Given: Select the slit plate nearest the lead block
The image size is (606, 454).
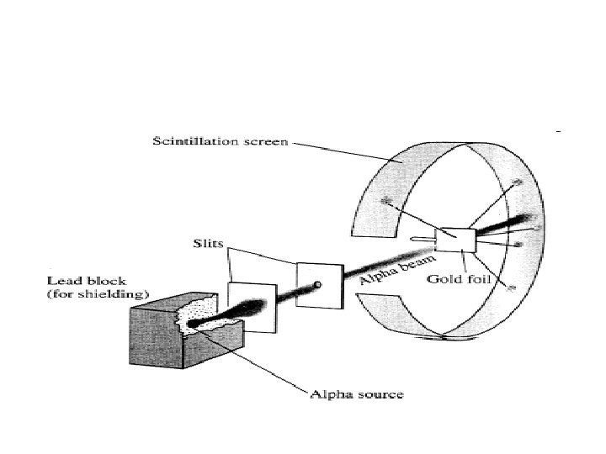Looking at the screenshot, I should [252, 307].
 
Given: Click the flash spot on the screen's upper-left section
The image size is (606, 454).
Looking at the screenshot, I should [387, 200].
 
